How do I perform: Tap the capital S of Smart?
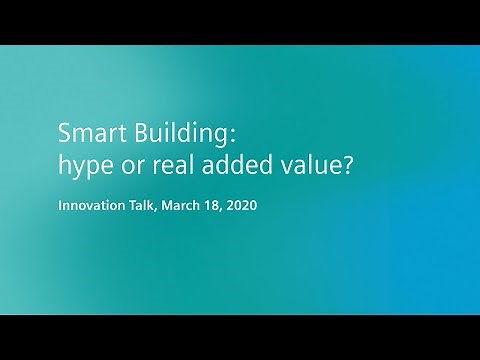64,132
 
